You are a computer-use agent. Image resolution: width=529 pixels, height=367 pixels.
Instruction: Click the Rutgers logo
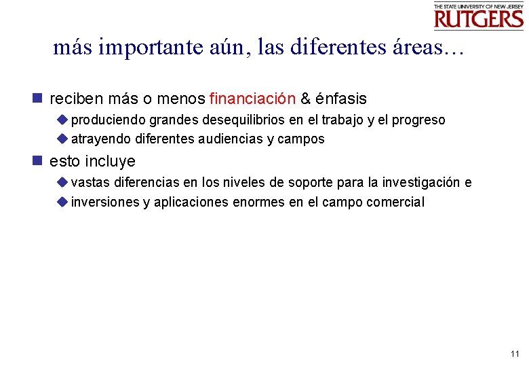478,16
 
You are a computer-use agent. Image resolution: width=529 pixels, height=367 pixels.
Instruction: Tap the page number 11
514,354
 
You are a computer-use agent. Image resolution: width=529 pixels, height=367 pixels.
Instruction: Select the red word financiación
252,99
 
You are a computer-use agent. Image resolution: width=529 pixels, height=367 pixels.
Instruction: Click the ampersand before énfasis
305,99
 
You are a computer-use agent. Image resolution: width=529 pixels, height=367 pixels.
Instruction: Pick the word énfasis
340,99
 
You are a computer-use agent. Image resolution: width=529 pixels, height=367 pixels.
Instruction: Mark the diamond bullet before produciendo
62,120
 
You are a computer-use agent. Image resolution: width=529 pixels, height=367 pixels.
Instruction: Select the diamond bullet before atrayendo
62,139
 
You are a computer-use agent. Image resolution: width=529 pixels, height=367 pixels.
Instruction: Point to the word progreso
419,120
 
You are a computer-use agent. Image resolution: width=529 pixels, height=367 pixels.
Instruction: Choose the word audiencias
233,139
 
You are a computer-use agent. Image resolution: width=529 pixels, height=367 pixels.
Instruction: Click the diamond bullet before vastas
62,182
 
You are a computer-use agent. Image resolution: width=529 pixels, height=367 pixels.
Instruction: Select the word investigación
421,183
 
